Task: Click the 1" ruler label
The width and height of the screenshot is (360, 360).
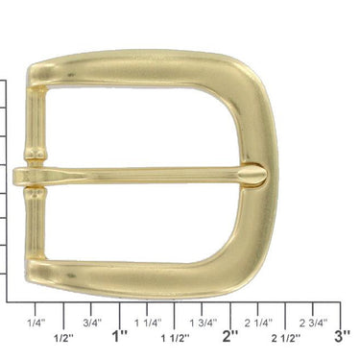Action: (120, 336)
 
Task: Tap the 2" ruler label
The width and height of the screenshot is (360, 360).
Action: (230, 336)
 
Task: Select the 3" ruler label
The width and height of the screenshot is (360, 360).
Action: (342, 336)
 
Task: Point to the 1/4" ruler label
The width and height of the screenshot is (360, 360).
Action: (37, 323)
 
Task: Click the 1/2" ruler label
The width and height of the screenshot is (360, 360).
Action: (64, 337)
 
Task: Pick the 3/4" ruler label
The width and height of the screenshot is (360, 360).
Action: (92, 323)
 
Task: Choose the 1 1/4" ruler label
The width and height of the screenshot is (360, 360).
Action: (147, 323)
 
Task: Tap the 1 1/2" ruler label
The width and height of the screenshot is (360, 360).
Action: (175, 337)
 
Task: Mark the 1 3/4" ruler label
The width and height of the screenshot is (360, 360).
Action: (203, 323)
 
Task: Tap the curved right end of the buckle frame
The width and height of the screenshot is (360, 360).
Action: (254, 125)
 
